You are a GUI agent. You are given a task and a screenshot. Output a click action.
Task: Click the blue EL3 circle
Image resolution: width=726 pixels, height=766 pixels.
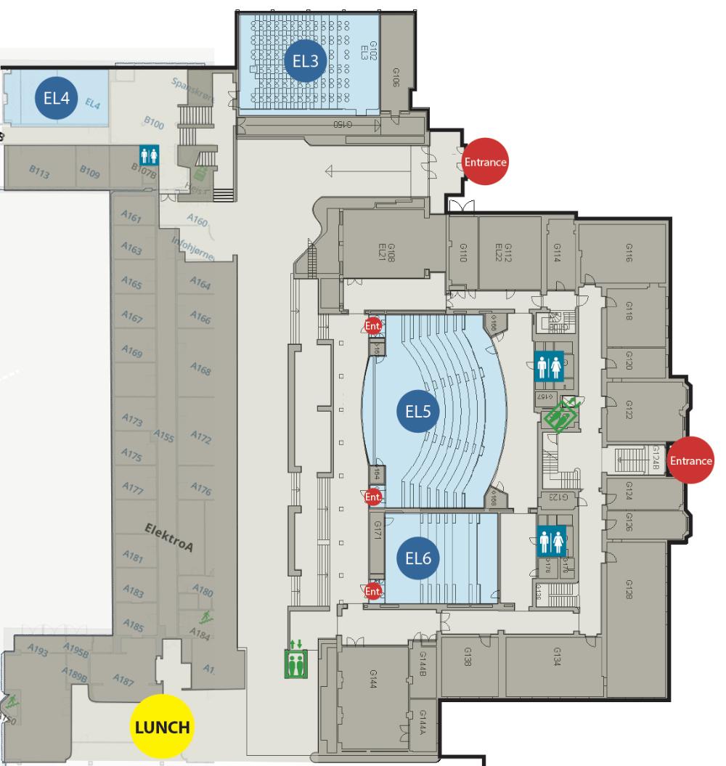point(306,61)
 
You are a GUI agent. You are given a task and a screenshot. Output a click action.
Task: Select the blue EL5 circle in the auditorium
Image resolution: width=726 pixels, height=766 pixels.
point(418,412)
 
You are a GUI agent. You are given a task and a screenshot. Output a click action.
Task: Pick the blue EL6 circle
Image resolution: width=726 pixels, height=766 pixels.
point(418,558)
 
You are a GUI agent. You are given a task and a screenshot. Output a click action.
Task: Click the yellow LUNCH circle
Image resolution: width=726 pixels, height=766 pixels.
point(161,726)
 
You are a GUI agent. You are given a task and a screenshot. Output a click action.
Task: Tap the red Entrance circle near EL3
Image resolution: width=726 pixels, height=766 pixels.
point(485,162)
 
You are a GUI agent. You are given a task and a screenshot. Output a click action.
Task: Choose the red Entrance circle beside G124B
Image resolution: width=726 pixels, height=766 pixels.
point(690,460)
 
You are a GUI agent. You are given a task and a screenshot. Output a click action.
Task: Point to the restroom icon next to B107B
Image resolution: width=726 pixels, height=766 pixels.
point(149,154)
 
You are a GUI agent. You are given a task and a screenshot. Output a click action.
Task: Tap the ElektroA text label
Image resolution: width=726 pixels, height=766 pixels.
point(168,539)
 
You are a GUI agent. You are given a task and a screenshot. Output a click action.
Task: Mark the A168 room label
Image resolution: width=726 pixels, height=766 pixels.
point(200,370)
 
